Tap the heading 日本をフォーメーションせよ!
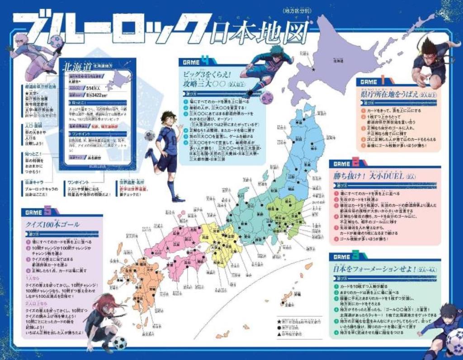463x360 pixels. [x=368, y=269]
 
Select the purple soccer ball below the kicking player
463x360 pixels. [x=266, y=97]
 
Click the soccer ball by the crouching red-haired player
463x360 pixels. [x=120, y=343]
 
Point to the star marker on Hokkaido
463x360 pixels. [x=313, y=69]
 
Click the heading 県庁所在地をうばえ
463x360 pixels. [x=386, y=95]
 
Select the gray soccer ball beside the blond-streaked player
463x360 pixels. [x=150, y=135]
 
